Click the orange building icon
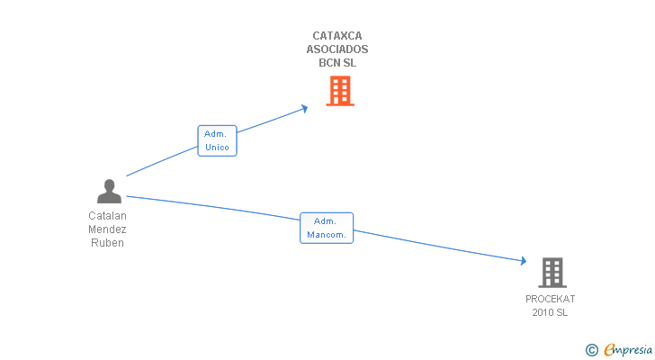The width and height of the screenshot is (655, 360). click(x=340, y=91)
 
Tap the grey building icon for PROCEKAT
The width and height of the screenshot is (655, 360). click(x=552, y=273)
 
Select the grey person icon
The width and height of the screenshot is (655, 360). click(x=109, y=192)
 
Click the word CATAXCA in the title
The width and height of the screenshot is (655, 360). click(x=337, y=37)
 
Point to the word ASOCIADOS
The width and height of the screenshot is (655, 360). click(x=337, y=50)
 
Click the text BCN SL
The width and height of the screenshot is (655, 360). click(x=337, y=63)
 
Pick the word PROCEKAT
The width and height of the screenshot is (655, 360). click(x=551, y=299)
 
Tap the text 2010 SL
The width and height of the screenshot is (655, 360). click(x=551, y=312)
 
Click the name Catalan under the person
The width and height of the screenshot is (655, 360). click(x=108, y=216)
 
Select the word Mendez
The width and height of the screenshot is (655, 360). click(x=108, y=229)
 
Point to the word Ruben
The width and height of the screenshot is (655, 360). click(x=108, y=243)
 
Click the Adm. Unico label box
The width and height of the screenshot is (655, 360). click(x=217, y=140)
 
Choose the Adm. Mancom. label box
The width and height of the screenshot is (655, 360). click(x=326, y=228)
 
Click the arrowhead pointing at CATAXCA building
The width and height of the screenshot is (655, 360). click(x=304, y=108)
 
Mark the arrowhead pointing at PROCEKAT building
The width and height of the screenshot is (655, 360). click(x=522, y=261)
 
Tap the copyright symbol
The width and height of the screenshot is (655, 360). click(x=591, y=350)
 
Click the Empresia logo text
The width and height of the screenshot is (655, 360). click(x=628, y=349)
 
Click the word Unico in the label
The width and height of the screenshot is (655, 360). click(x=217, y=147)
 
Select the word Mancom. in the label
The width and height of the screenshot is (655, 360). click(x=326, y=235)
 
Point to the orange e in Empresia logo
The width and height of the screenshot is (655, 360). click(x=609, y=350)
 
